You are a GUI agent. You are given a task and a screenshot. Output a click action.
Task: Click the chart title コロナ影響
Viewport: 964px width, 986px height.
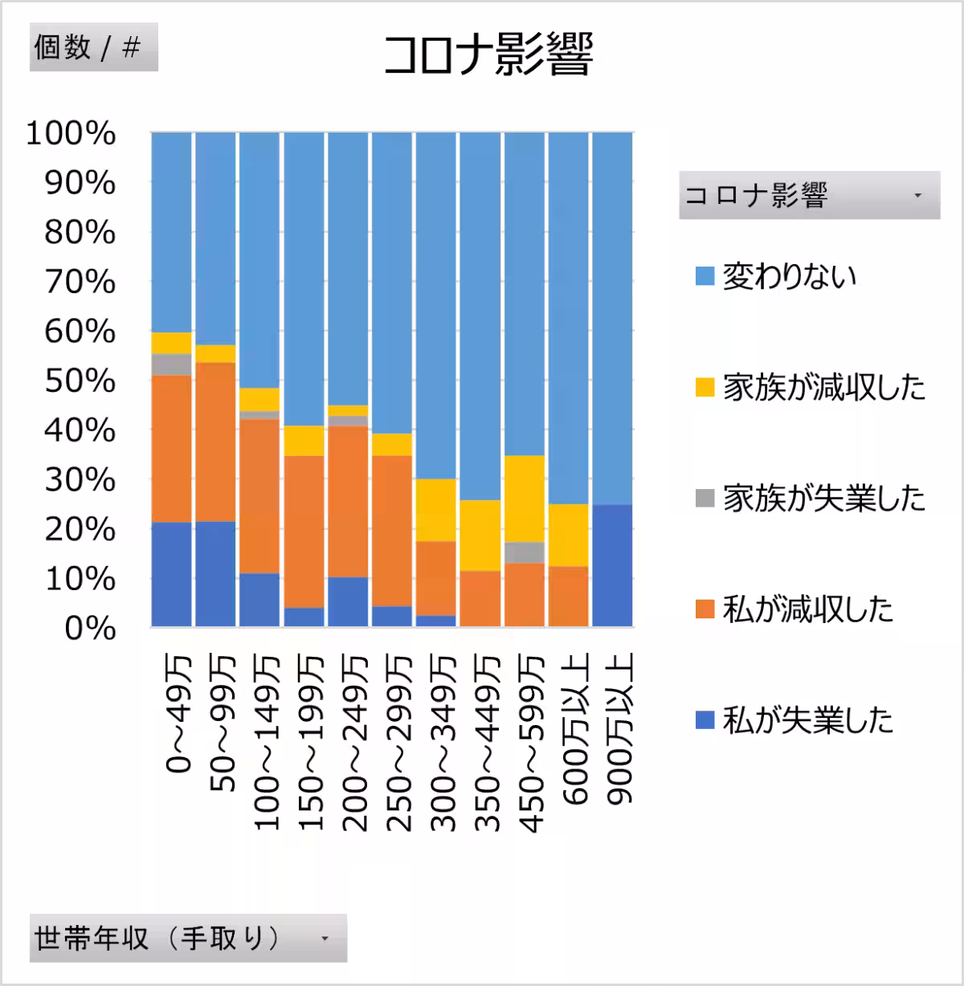(488, 55)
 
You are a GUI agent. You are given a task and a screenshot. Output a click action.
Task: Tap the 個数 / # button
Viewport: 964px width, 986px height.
(93, 48)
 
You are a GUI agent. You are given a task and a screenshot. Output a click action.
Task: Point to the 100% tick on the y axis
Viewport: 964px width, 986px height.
(71, 134)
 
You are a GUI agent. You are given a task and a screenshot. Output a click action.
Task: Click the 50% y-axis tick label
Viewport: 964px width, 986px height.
(79, 381)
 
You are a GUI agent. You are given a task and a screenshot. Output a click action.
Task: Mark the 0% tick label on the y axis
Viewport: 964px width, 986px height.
(89, 629)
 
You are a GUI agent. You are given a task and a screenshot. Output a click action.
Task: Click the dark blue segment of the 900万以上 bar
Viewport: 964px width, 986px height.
(612, 565)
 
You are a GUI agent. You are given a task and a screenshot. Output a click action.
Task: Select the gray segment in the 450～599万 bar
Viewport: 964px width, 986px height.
(525, 552)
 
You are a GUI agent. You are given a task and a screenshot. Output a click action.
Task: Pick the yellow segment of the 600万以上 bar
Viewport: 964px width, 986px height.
(568, 535)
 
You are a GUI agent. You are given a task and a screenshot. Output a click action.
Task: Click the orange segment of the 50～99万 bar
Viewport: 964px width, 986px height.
(215, 442)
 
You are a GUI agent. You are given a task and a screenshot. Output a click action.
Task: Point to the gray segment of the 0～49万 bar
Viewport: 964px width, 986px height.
(171, 365)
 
